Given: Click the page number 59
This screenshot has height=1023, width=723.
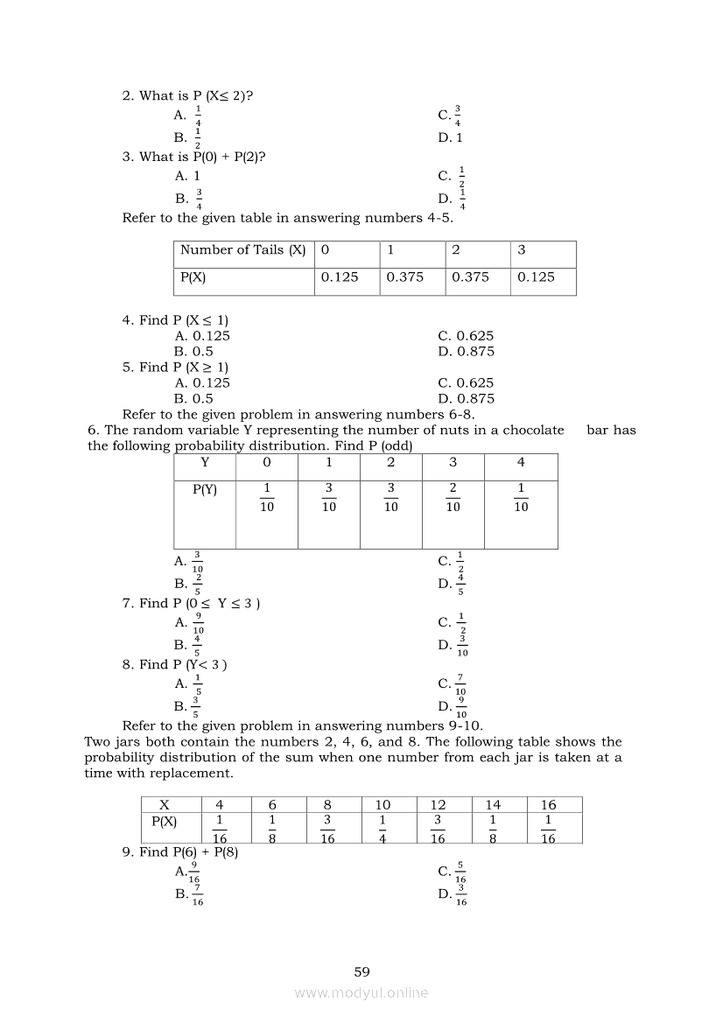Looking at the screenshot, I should [x=361, y=971].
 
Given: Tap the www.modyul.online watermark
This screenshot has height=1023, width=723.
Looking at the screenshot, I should [x=361, y=992].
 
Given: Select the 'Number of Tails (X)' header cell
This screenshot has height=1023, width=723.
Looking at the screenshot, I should [x=243, y=250].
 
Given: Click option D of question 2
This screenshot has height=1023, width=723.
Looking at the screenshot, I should [x=451, y=137].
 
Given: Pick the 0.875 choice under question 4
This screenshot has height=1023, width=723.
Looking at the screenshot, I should [x=467, y=352].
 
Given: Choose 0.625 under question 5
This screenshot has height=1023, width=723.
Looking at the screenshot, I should [x=467, y=382].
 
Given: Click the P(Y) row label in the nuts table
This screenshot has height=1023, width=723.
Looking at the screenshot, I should [x=205, y=490].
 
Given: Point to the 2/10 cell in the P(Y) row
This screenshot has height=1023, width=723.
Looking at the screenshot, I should [x=453, y=497].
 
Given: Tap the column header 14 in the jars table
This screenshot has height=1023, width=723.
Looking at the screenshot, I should [x=493, y=805].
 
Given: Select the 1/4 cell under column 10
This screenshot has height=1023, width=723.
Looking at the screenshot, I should [x=383, y=827].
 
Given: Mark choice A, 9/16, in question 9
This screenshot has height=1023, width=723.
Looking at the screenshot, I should [x=187, y=872].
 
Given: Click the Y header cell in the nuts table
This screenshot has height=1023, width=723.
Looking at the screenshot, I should [x=205, y=462].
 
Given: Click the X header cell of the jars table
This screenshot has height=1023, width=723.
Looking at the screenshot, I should [x=165, y=805].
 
